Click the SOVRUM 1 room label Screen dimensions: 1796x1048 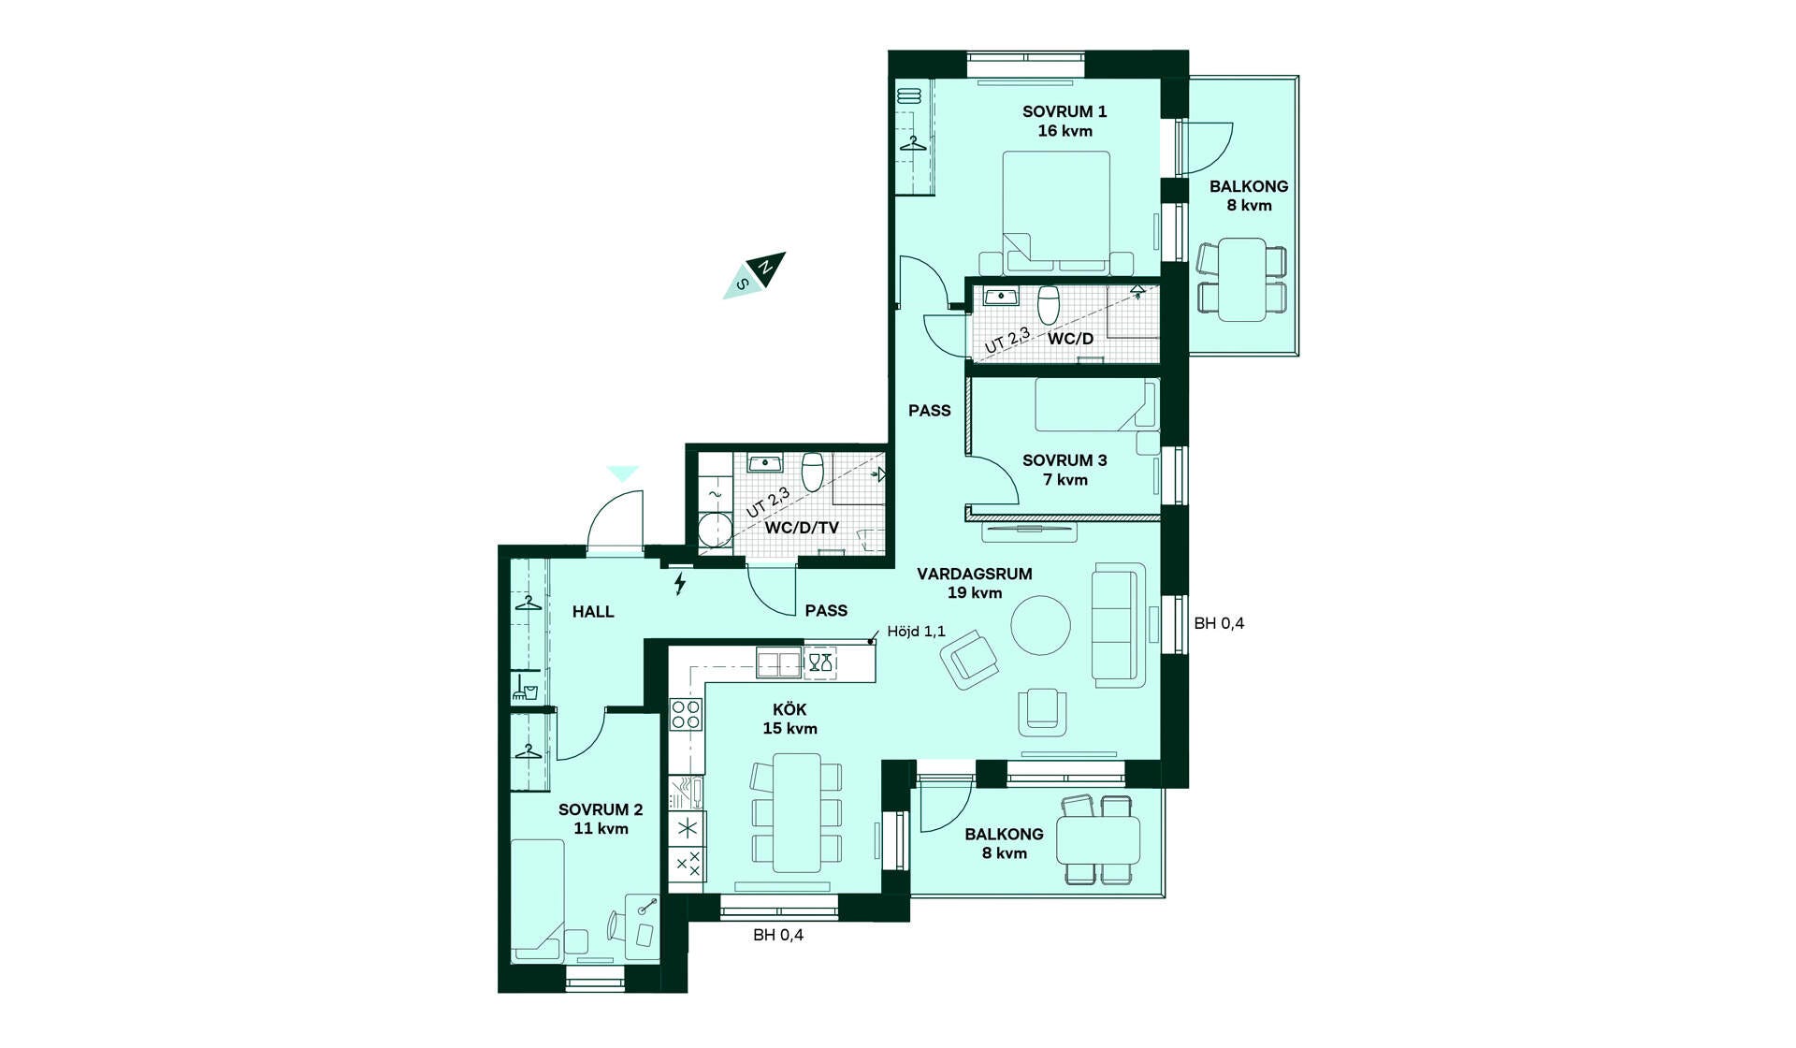(1065, 111)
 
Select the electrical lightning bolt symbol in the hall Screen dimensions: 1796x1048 (680, 584)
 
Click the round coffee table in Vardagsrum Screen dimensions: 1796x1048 (1041, 625)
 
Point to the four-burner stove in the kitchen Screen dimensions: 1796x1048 (686, 714)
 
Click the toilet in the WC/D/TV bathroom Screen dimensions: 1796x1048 (812, 471)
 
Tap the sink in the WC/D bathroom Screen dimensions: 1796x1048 (1000, 298)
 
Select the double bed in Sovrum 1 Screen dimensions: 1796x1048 (1056, 211)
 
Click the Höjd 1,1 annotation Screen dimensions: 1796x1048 (916, 632)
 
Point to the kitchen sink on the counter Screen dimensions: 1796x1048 (779, 663)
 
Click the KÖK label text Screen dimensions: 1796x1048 (789, 710)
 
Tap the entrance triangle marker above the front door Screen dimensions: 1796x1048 (622, 473)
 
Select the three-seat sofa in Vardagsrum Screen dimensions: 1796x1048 (1119, 625)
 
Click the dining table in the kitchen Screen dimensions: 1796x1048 (797, 812)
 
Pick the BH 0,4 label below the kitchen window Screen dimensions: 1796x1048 (778, 935)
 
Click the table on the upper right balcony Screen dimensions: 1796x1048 (1242, 280)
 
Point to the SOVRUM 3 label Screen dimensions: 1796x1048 (1065, 460)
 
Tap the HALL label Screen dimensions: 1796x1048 (593, 612)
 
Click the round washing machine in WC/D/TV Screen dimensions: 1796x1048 (716, 529)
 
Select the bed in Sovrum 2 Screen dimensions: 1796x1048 (537, 899)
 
